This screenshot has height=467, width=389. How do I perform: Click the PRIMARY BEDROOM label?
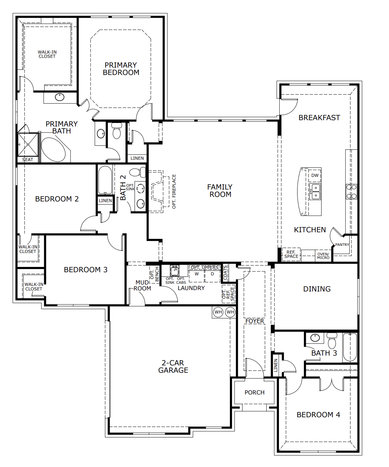[x=121, y=69]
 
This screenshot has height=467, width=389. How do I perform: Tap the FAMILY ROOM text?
[x=220, y=191]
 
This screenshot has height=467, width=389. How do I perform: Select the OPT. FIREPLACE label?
[x=174, y=191]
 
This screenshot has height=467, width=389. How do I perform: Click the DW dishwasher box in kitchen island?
[x=315, y=176]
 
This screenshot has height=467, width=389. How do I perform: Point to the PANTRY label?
[x=342, y=245]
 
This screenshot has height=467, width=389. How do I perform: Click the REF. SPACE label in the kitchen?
[x=291, y=254]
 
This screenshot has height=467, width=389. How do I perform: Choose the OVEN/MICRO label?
[x=323, y=256]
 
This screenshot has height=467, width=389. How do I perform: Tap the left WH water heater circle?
[x=218, y=312]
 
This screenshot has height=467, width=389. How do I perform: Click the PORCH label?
[x=254, y=392]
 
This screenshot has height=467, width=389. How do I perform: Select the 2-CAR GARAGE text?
[x=173, y=366]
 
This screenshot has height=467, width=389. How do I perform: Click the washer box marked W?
[x=197, y=274]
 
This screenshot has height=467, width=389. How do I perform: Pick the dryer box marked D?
[x=212, y=274]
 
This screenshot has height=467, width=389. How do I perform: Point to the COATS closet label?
[x=225, y=273]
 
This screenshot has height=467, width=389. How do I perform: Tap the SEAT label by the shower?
[x=27, y=160]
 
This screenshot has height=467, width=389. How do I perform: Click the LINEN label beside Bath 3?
[x=276, y=365]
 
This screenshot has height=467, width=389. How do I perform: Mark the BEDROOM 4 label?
[x=318, y=415]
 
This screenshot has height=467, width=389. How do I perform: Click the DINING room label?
[x=317, y=289]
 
